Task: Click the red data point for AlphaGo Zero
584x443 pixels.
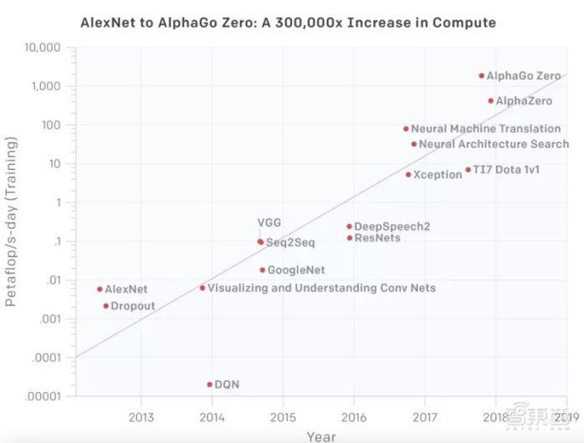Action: (481, 75)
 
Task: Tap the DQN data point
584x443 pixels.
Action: (209, 384)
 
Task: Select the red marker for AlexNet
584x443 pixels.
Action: (100, 289)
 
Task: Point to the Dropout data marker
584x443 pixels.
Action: (105, 306)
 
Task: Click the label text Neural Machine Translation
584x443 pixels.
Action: (485, 129)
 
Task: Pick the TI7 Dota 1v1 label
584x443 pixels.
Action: (506, 170)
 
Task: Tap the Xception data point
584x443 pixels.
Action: (408, 175)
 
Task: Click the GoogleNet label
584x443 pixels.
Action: (296, 270)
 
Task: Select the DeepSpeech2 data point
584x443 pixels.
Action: (349, 227)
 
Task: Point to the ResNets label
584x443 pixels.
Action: (377, 238)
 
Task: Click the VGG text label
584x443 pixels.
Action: (269, 222)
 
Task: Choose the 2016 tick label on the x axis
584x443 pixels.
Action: (354, 416)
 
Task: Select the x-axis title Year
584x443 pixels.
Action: (321, 435)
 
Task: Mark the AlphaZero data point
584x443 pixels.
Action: (490, 100)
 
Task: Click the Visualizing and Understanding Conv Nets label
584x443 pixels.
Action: (321, 288)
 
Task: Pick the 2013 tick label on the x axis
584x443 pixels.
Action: (141, 416)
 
